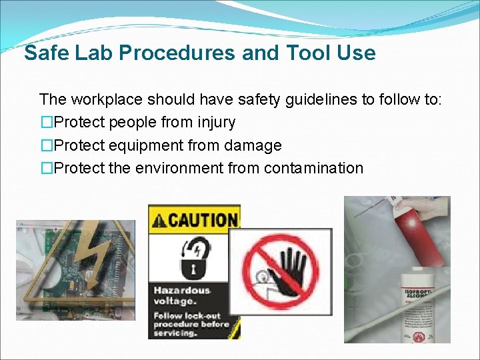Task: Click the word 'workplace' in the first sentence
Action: click(107, 100)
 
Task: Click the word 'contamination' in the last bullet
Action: click(313, 168)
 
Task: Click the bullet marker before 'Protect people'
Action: click(46, 123)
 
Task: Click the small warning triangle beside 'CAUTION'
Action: click(159, 220)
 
